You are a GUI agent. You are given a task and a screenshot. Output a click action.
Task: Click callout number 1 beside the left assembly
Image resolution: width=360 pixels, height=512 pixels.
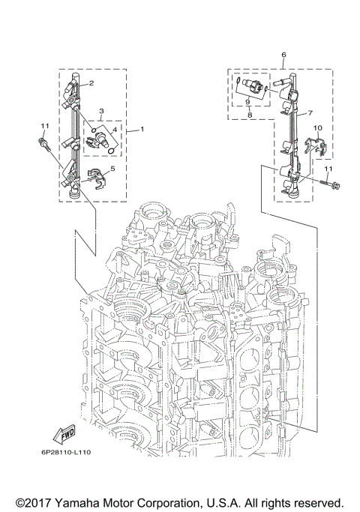pos(142,130)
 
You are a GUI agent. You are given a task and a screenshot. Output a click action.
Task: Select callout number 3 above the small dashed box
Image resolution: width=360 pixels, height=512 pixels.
pos(100,109)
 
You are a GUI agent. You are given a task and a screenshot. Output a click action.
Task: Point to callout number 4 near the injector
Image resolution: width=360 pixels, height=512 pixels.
pos(115,129)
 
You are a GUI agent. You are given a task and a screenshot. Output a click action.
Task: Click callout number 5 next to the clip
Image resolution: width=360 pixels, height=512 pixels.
pos(112,169)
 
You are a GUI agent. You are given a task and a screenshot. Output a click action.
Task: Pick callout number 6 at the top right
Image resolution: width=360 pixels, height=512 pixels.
pos(283,55)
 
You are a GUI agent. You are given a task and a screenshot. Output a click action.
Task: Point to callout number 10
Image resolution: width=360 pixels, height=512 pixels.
pos(317,128)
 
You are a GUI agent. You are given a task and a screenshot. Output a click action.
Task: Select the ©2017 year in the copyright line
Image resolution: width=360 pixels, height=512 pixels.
pos(32,501)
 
